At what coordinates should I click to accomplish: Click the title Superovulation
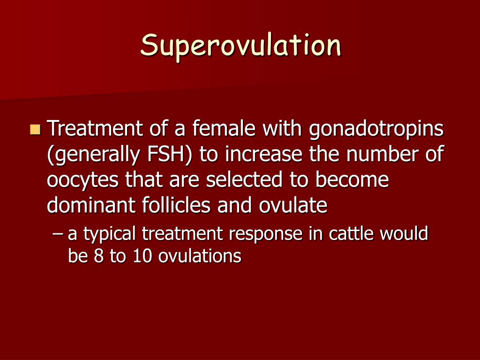point(241,46)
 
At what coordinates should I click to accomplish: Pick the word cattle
point(348,233)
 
